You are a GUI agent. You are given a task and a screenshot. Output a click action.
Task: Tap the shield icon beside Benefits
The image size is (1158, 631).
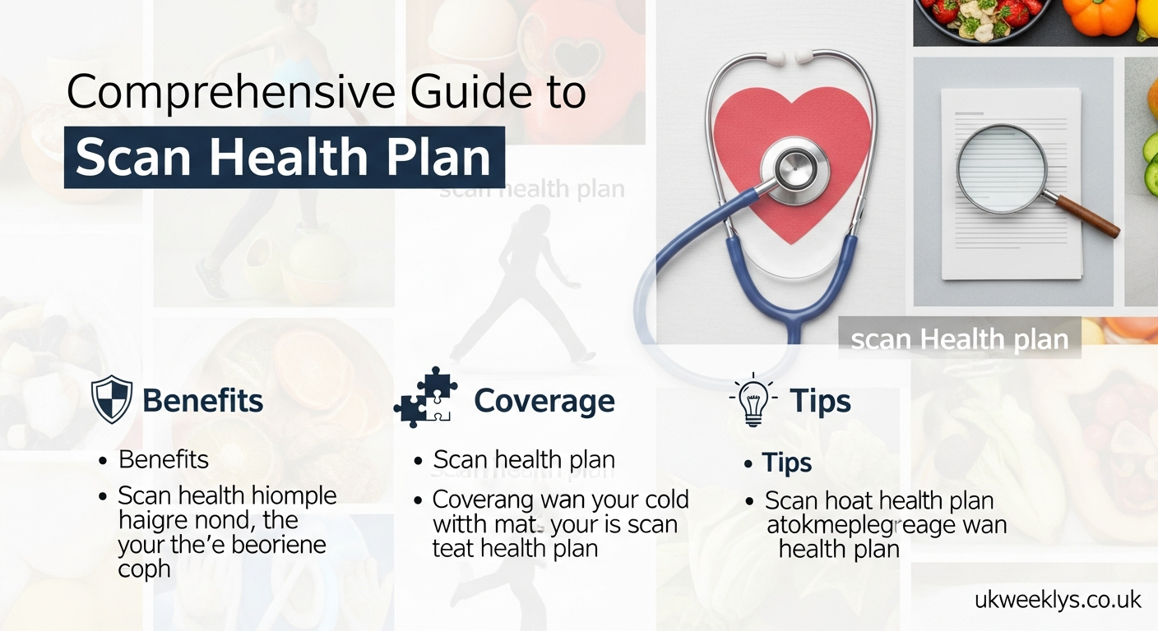(x=112, y=400)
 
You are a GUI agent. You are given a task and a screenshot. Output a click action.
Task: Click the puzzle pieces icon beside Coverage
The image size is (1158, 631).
(x=425, y=398)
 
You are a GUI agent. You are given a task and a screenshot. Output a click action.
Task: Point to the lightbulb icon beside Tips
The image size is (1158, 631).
(x=753, y=401)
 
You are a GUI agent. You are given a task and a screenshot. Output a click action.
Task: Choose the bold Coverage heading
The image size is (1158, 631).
(x=544, y=401)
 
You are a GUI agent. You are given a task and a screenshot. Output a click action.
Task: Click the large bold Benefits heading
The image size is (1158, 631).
(x=202, y=401)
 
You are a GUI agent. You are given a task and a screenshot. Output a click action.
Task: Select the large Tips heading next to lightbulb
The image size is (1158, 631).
(x=820, y=401)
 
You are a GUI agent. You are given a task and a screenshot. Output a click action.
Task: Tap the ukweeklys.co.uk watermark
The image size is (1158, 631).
(x=1058, y=600)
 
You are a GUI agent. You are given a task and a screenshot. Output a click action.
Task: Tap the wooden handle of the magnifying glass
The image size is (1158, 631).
(x=1087, y=216)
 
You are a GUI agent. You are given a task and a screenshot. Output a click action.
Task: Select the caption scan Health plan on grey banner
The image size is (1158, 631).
(x=959, y=339)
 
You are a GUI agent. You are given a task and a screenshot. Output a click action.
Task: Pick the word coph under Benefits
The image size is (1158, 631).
(x=144, y=569)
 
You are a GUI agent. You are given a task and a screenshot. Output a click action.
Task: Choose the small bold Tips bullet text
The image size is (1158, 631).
(x=786, y=463)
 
